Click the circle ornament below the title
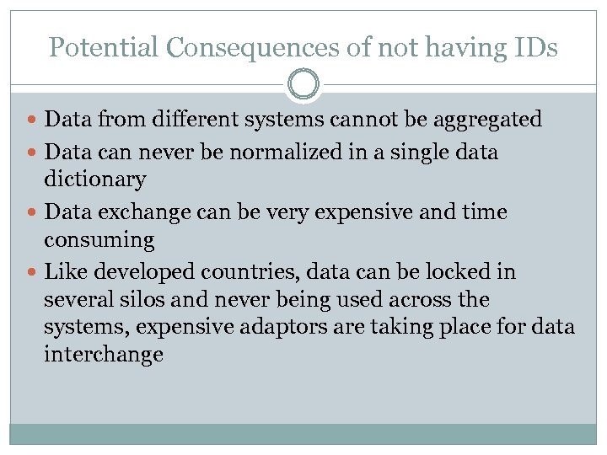pos(303,84)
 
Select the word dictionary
pos(94,179)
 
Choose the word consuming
pos(99,240)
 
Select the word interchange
pos(103,355)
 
